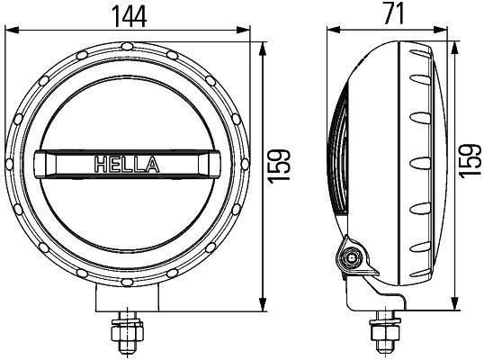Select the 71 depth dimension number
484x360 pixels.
point(393,14)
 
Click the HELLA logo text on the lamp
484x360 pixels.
point(126,165)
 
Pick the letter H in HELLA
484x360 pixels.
point(100,165)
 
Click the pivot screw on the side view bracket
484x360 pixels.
point(351,259)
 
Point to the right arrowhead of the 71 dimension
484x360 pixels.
point(446,31)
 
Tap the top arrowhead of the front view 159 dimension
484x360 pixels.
point(263,44)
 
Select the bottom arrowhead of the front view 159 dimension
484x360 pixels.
point(263,306)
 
